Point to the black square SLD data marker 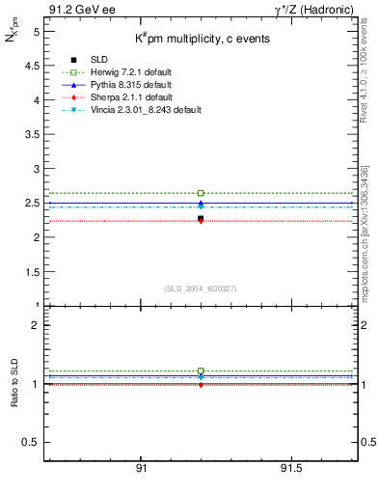click(201, 219)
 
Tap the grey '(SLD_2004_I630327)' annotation click(201, 288)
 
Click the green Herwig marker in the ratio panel click(201, 370)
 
